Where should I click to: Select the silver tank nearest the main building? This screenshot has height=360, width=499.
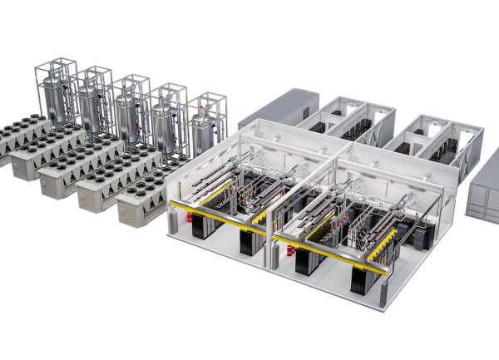pyautogui.click(x=202, y=131)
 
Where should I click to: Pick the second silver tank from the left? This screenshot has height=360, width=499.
pyautogui.click(x=91, y=102)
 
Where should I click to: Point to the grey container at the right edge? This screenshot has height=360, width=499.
pyautogui.click(x=482, y=191)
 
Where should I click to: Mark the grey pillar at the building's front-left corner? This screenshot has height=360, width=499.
pyautogui.click(x=170, y=225)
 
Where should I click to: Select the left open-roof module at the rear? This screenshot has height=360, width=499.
pyautogui.click(x=345, y=125)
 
